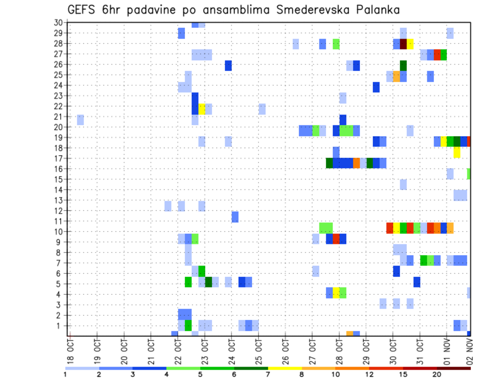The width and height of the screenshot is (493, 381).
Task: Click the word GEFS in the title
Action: click(x=83, y=10)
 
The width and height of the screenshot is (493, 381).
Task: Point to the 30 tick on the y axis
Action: click(x=59, y=23)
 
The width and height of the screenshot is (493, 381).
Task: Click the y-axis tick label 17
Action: click(x=59, y=158)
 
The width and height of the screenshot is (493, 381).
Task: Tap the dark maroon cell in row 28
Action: click(x=404, y=44)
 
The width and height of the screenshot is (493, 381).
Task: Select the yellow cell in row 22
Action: click(x=202, y=109)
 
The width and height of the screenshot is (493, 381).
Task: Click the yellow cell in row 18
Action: click(x=457, y=153)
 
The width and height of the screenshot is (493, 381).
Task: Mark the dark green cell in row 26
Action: click(x=404, y=65)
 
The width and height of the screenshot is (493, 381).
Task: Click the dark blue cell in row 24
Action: click(x=376, y=87)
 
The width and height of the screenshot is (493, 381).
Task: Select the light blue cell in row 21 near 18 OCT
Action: click(x=81, y=120)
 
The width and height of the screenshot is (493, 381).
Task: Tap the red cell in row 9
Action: click(x=336, y=239)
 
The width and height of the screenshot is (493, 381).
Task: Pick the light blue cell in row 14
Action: click(x=404, y=184)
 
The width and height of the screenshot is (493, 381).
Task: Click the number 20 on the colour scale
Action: click(x=437, y=374)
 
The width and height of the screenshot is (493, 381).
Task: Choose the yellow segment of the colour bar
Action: click(x=285, y=368)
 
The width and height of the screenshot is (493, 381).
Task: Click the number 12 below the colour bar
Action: click(x=370, y=374)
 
